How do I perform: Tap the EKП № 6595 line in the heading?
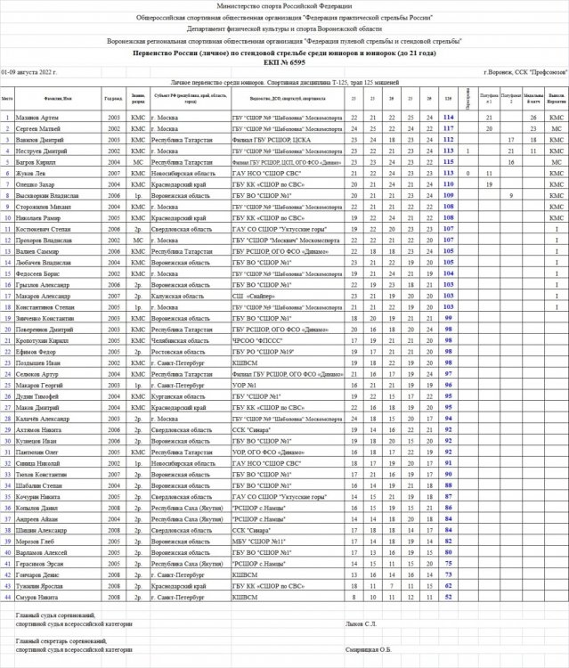pyautogui.click(x=284, y=62)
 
